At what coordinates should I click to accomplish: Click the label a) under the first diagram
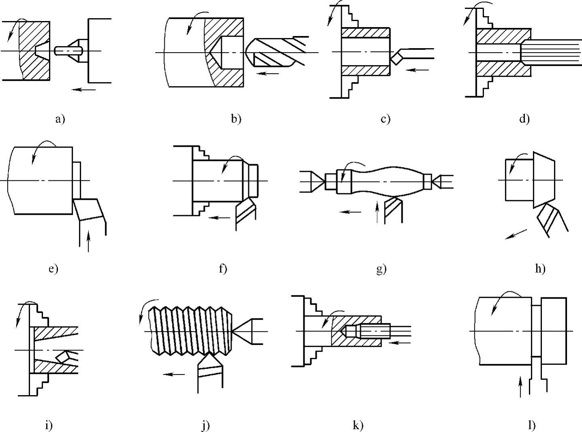[60, 119]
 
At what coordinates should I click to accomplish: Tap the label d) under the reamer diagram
[524, 119]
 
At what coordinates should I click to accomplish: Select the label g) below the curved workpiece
[381, 269]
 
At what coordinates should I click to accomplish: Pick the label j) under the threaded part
[205, 426]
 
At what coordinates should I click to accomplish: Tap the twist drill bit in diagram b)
[275, 52]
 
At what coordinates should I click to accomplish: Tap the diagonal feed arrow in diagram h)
[516, 234]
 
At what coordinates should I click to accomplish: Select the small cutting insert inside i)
[63, 357]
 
